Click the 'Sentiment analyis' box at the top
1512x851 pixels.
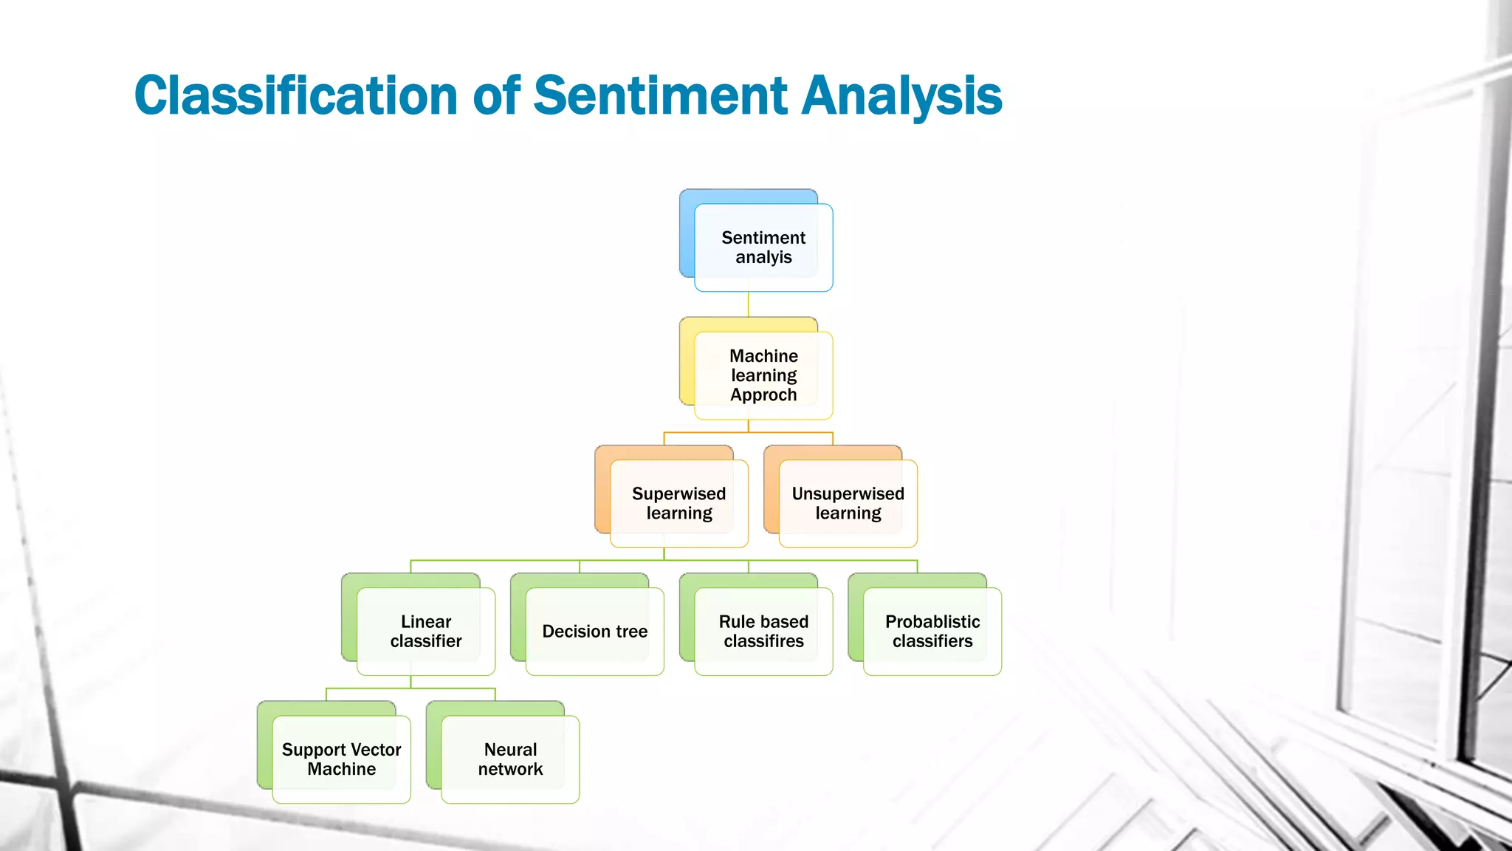pyautogui.click(x=763, y=247)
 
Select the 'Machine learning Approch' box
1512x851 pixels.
pyautogui.click(x=763, y=375)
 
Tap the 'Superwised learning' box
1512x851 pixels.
pyautogui.click(x=678, y=503)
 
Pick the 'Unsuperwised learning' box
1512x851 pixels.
pyautogui.click(x=848, y=503)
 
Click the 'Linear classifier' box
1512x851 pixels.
pyautogui.click(x=425, y=631)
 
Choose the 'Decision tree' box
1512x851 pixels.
pyautogui.click(x=594, y=631)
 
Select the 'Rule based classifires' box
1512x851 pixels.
pyautogui.click(x=763, y=631)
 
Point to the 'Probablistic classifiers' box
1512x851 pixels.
pyautogui.click(x=932, y=631)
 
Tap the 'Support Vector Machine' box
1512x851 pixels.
pyautogui.click(x=341, y=759)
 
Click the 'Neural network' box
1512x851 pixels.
pyautogui.click(x=510, y=759)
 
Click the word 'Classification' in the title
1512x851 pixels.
pyautogui.click(x=296, y=96)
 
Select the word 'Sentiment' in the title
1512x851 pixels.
pyautogui.click(x=660, y=96)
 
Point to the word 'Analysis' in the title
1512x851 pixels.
pyautogui.click(x=901, y=96)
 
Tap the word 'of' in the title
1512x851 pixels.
pyautogui.click(x=496, y=96)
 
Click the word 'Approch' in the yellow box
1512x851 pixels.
pyautogui.click(x=763, y=395)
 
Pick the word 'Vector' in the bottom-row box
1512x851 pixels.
pyautogui.click(x=376, y=750)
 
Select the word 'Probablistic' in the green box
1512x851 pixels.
pyautogui.click(x=932, y=622)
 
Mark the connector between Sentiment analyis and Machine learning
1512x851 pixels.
pyautogui.click(x=748, y=304)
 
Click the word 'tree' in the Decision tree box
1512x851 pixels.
pyautogui.click(x=631, y=632)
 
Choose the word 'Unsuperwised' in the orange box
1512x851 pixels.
pyautogui.click(x=848, y=493)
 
